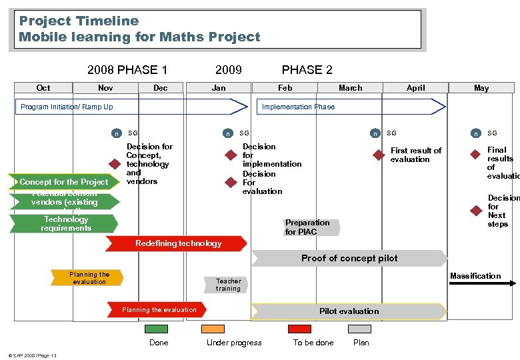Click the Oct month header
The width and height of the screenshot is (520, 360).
(x=43, y=87)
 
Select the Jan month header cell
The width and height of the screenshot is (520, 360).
(x=219, y=87)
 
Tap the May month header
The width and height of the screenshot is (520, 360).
(x=481, y=87)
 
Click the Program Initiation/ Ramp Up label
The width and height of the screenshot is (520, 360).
(x=67, y=107)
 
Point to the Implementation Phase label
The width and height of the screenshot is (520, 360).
(x=298, y=107)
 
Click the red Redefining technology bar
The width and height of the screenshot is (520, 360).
(x=179, y=244)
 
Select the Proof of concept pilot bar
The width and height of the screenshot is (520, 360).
(x=349, y=258)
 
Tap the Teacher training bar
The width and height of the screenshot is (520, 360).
(x=228, y=285)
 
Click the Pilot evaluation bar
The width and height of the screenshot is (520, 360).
(x=349, y=311)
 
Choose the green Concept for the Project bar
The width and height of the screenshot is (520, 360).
(x=64, y=182)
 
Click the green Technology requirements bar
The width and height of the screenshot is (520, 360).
(x=65, y=223)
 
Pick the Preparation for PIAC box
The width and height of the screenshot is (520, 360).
(x=309, y=227)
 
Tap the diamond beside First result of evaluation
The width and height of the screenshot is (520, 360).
(x=378, y=155)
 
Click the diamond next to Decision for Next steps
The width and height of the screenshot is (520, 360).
(x=475, y=211)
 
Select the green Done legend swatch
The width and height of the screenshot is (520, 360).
(x=157, y=329)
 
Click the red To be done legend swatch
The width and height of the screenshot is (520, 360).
(x=299, y=329)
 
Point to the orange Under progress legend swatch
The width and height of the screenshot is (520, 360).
(x=213, y=329)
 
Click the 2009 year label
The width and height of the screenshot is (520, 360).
(x=229, y=70)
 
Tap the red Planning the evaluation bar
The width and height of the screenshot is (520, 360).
(x=158, y=310)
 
